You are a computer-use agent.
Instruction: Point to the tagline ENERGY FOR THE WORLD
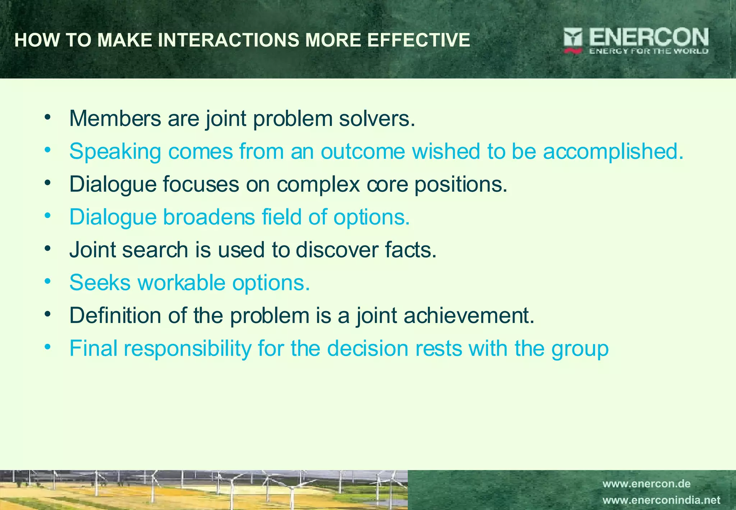[x=649, y=51]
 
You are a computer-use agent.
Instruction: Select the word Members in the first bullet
[x=115, y=118]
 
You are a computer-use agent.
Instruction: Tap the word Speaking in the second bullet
[x=115, y=151]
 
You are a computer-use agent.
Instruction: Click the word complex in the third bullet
[x=318, y=185]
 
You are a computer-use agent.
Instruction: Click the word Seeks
[x=100, y=283]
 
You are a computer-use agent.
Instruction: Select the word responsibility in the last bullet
[x=188, y=349]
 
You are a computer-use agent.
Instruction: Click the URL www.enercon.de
[x=647, y=484]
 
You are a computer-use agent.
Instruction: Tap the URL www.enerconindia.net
[x=661, y=500]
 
